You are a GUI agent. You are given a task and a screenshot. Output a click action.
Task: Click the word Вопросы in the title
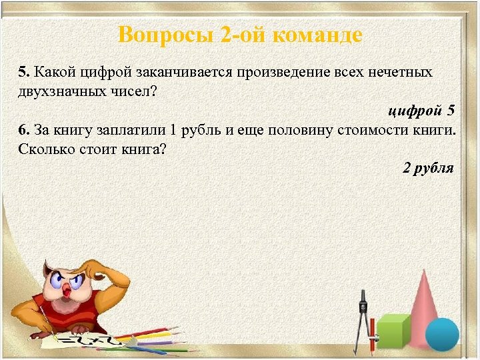[x=165, y=34]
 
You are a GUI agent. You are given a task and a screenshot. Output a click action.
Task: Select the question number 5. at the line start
[x=24, y=72]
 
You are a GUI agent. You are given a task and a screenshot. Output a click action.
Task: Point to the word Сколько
[x=44, y=148]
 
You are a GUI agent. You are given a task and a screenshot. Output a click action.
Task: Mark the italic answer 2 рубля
[x=427, y=167]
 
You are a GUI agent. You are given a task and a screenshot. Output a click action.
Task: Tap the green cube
[x=393, y=331]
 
